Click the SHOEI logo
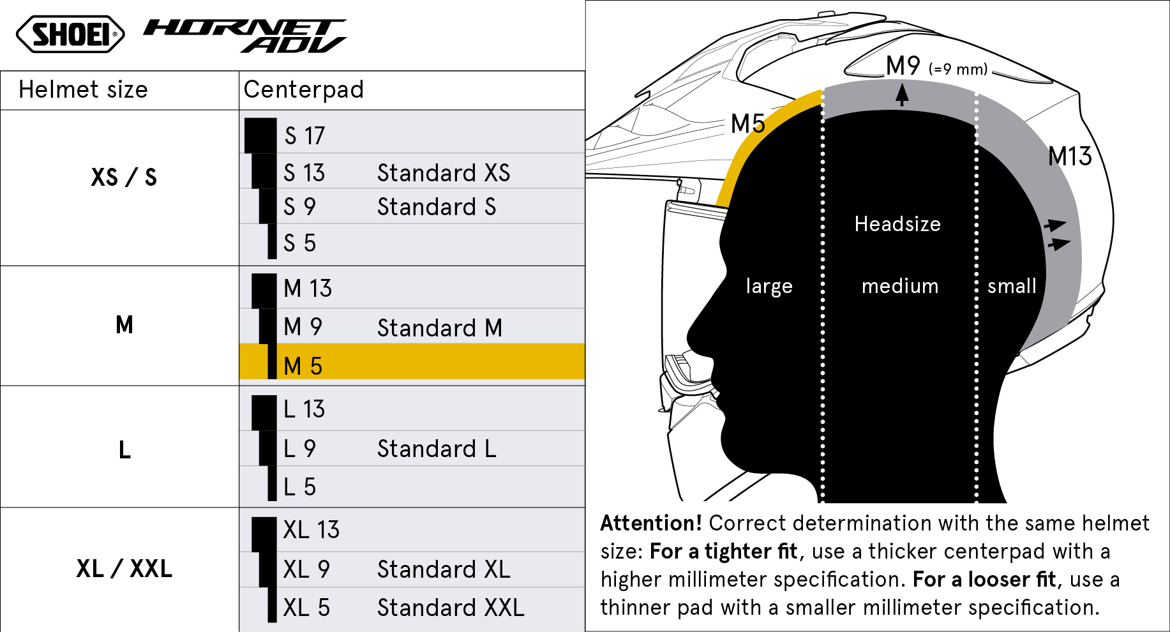point(70,34)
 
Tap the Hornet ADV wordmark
point(245,35)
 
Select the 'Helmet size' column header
point(83,90)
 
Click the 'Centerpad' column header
point(303,90)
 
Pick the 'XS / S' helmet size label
point(124,177)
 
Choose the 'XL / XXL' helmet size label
point(124,568)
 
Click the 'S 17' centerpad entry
point(304,135)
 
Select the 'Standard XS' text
point(444,172)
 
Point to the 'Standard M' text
point(440,328)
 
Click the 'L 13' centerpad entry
point(304,409)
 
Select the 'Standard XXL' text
point(451,608)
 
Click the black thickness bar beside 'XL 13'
point(264,534)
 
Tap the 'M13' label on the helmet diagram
point(1070,156)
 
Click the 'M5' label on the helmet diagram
point(747,123)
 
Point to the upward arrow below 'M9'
point(902,94)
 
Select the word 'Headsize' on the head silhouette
point(897,224)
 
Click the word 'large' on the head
point(769,286)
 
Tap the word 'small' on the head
point(1012,286)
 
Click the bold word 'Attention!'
point(651,523)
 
